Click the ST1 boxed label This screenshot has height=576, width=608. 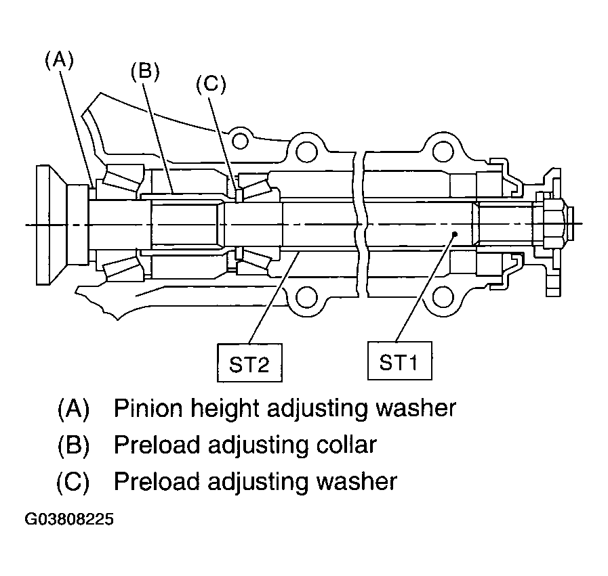[x=399, y=361]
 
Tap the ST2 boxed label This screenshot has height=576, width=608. [x=249, y=363]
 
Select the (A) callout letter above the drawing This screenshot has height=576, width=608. [x=60, y=61]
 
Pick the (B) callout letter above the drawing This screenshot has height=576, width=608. [x=145, y=72]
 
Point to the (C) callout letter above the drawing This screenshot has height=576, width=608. [x=211, y=85]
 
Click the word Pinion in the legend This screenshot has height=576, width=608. [x=148, y=408]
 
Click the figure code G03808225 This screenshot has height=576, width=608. [x=69, y=519]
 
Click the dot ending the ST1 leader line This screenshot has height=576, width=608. [x=455, y=234]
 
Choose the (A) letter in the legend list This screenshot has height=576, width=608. [x=73, y=408]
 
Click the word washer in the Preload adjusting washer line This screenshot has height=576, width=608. [x=357, y=481]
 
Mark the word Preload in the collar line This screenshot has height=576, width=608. [x=157, y=445]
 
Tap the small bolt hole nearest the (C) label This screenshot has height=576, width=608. [x=241, y=141]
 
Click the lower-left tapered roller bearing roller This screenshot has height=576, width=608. [x=119, y=265]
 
